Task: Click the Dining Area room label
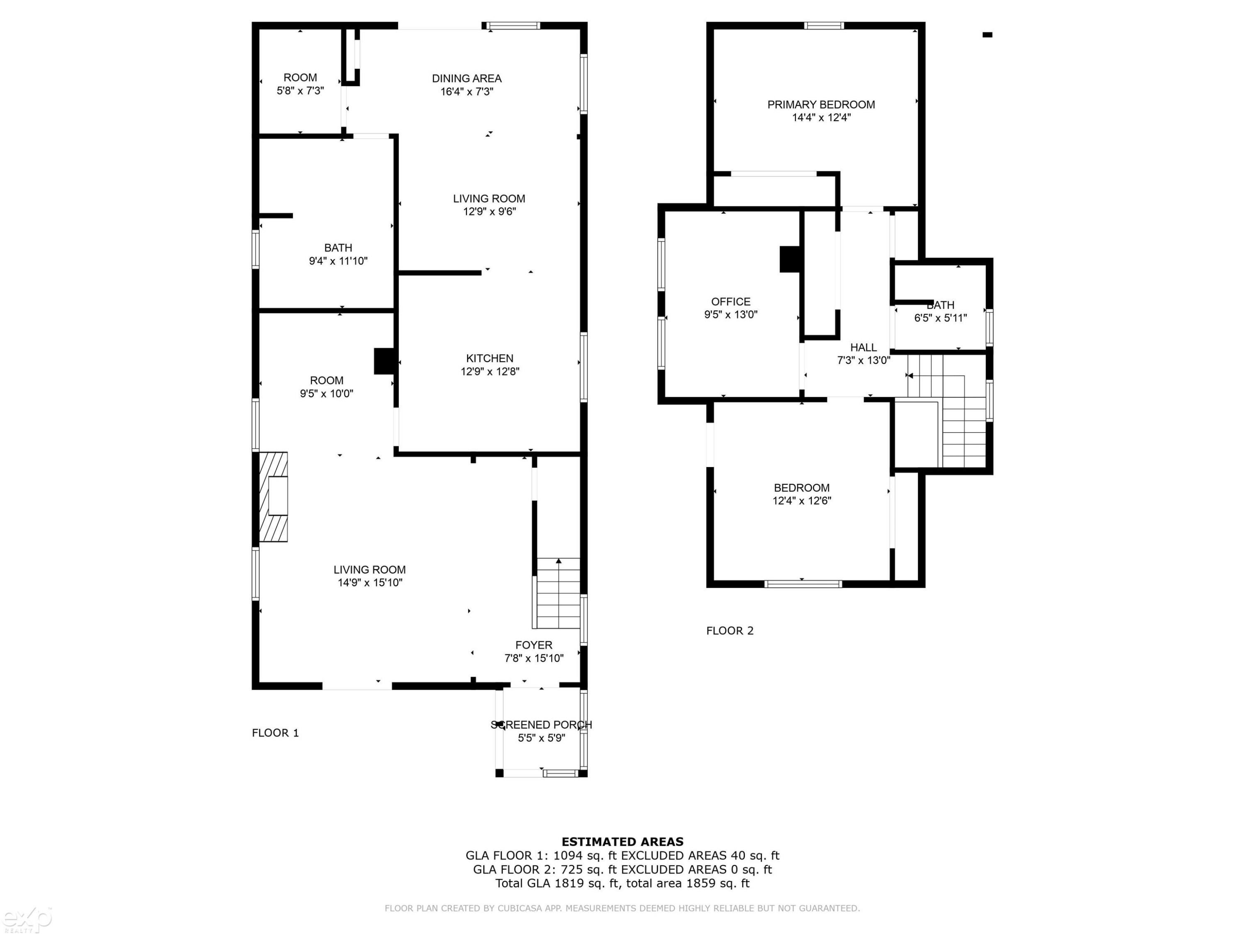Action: tap(466, 79)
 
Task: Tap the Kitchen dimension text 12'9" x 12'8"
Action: tap(490, 372)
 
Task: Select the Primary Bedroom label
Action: tap(821, 105)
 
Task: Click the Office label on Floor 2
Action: tap(730, 302)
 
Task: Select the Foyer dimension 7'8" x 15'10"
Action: tap(534, 658)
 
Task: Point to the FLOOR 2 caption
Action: tap(730, 631)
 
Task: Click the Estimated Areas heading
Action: tap(622, 842)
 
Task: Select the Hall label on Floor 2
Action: tap(863, 347)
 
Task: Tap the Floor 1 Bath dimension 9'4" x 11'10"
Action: tap(338, 261)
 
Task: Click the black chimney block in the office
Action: tap(790, 259)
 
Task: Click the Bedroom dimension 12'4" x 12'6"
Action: tap(801, 501)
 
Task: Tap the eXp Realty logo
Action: tap(27, 920)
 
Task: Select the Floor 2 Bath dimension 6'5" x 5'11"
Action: tap(940, 318)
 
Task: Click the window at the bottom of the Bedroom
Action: tap(803, 584)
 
